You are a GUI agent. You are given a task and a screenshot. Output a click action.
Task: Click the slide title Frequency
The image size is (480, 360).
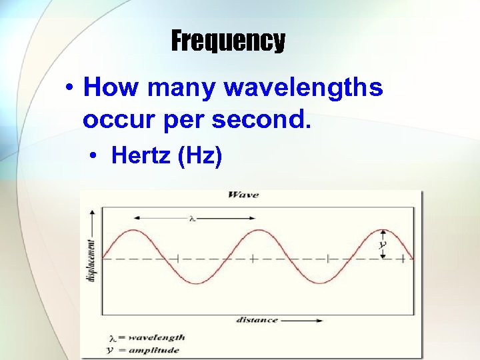(228, 41)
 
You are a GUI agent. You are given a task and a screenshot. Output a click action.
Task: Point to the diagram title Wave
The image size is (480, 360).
(243, 195)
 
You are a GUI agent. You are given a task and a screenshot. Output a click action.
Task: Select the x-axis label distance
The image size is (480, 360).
(257, 320)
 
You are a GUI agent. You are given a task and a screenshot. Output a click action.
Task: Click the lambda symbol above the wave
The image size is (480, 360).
(191, 217)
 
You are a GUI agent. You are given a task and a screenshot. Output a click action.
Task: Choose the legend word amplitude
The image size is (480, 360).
(155, 349)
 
